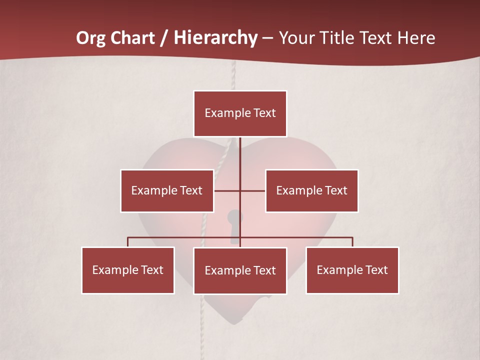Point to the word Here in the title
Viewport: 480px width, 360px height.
coord(416,38)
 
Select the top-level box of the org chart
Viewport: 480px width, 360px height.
coord(240,113)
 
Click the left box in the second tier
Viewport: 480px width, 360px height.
coord(167,191)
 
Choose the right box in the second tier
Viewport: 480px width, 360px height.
coord(311,191)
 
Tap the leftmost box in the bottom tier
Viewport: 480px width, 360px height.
coord(128,270)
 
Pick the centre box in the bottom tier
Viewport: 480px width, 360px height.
coord(240,271)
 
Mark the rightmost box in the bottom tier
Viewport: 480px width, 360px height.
coord(352,270)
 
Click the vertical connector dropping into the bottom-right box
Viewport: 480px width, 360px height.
coord(352,242)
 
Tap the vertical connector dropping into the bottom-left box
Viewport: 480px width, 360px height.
coord(128,242)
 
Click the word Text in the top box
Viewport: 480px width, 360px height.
coord(264,113)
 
